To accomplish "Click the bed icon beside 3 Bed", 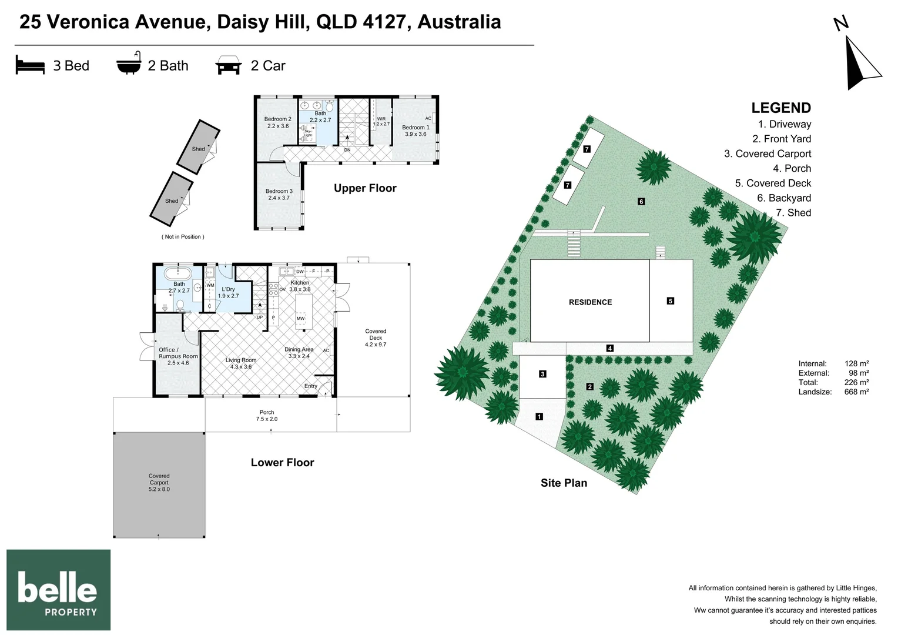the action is coord(30,65).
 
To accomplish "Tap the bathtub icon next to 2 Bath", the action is coord(129,63).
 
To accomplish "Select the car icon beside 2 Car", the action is coord(229,65).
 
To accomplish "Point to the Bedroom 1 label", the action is coord(416,131).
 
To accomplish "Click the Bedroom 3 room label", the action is coord(279,195).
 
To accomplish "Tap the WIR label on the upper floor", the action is coord(381,119).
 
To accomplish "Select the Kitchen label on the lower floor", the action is coord(300,282).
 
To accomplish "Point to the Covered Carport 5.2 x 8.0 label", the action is coord(159,483).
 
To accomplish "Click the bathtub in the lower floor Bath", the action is coord(179,274).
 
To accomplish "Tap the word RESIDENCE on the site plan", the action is coord(590,302).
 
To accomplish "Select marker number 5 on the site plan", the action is coord(671,301).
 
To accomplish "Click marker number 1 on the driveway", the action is coord(539,417).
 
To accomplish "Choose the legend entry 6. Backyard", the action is coord(784,198).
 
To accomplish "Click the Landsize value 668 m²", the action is coord(857,392).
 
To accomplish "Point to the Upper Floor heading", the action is coord(365,188).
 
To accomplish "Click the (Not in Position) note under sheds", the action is coord(183,237).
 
